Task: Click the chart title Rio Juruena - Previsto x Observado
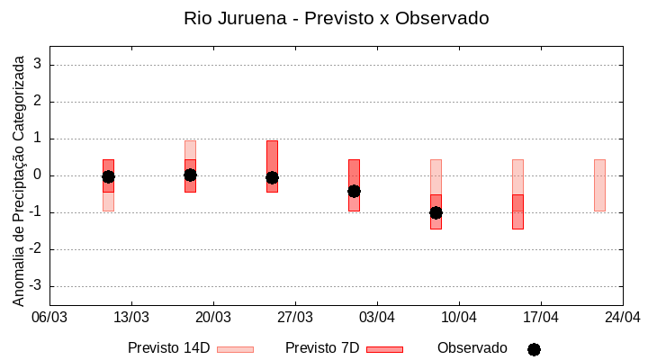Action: (x=336, y=18)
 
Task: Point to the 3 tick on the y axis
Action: (x=38, y=65)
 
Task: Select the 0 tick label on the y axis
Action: (x=38, y=175)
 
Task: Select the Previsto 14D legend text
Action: (x=168, y=348)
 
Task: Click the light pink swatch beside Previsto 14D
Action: (x=235, y=349)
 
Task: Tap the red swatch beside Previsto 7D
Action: (x=384, y=349)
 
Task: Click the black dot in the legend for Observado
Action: (x=534, y=349)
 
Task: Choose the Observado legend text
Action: (x=472, y=348)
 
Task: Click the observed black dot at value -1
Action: (x=436, y=212)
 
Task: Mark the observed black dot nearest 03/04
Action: (x=354, y=191)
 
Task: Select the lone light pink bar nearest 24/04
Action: (x=599, y=184)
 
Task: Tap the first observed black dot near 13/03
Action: (x=108, y=176)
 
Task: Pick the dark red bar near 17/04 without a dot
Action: (x=517, y=212)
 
